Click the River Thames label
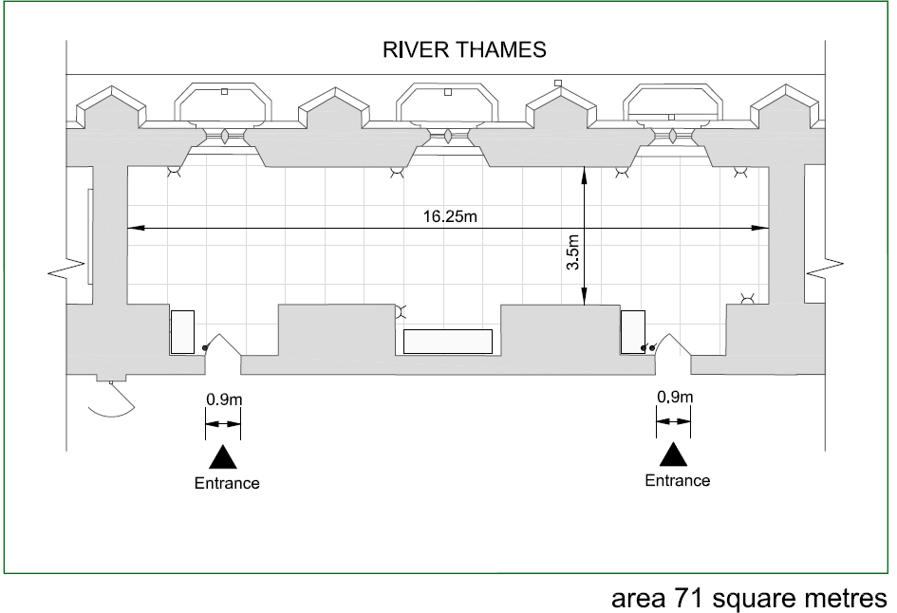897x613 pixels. (464, 49)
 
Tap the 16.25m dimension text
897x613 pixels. (450, 216)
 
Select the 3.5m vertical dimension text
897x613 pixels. (573, 252)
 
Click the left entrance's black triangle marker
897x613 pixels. (222, 456)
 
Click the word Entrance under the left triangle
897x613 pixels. (227, 483)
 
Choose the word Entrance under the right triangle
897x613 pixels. (678, 480)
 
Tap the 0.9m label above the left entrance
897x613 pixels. (224, 399)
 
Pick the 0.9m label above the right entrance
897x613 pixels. (675, 397)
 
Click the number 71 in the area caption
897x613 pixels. (689, 598)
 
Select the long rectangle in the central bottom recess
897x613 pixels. (448, 342)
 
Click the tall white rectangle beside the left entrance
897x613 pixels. (182, 332)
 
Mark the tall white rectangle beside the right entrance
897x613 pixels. (633, 332)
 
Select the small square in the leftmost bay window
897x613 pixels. (224, 91)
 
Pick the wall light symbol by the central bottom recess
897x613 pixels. (402, 311)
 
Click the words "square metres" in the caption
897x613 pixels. (800, 599)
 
